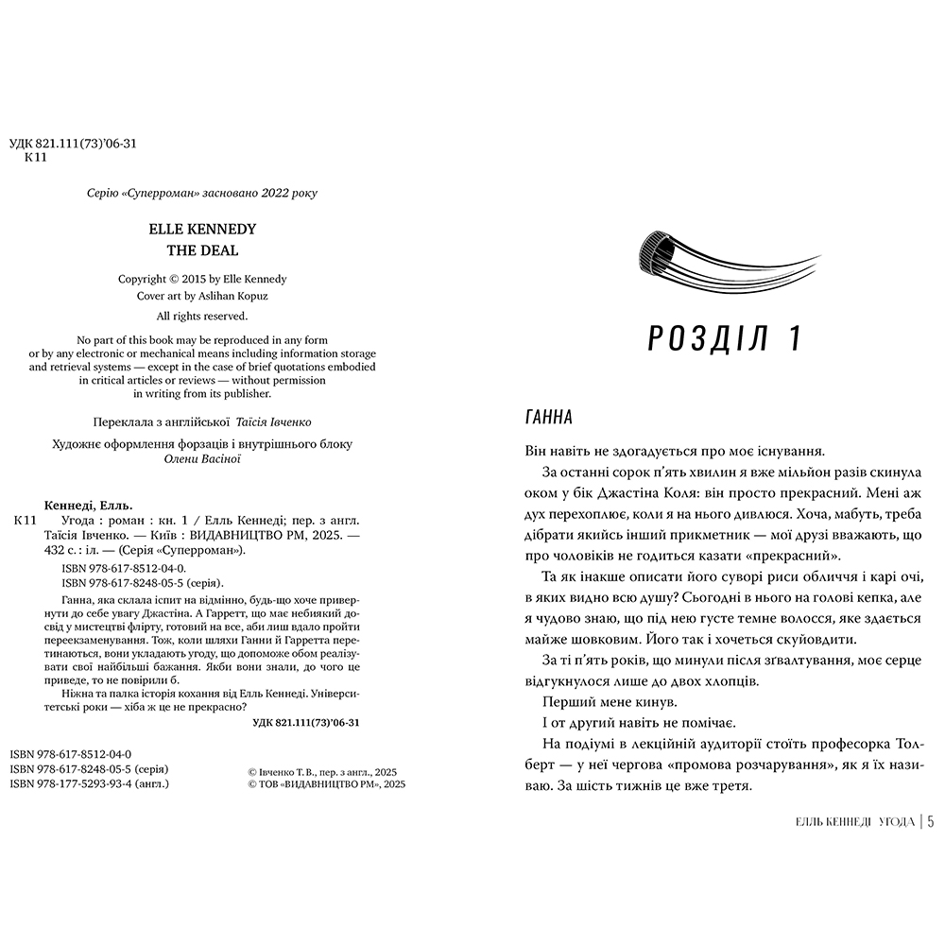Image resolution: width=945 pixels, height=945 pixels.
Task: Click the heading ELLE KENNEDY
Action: pos(202,229)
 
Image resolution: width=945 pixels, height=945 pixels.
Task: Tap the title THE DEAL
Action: pos(202,250)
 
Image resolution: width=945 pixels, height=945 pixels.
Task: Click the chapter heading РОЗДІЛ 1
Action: pos(726,336)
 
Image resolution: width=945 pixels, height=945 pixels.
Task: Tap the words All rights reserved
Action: pos(202,316)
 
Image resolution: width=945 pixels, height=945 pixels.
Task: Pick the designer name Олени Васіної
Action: pos(202,458)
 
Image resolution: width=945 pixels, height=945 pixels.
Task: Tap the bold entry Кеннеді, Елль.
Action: pos(89,504)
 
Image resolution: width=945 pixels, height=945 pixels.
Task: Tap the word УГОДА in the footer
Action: pos(895,822)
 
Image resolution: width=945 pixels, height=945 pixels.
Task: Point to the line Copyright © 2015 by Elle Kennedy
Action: pos(202,280)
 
